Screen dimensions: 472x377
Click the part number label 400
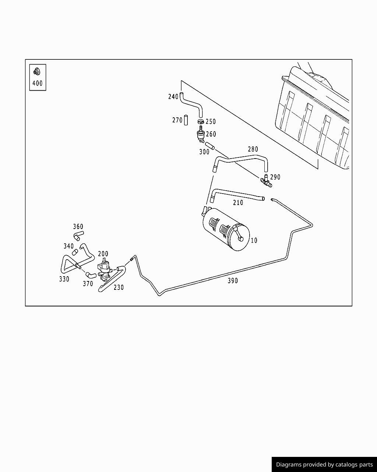coord(38,83)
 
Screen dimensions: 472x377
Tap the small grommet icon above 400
coord(37,71)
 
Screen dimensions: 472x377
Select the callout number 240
coord(173,97)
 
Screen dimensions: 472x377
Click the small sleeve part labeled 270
coord(186,120)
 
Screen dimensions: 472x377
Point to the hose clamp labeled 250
coord(201,121)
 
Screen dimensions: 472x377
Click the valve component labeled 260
coord(201,134)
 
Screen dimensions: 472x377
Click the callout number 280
coord(253,149)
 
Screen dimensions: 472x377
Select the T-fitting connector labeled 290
coord(266,181)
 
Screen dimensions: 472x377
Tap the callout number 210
coord(238,202)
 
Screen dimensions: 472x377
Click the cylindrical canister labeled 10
coord(225,229)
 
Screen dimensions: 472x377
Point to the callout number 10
coord(254,240)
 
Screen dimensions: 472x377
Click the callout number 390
coord(233,281)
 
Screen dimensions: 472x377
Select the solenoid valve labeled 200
coord(105,268)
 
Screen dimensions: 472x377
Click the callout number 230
coord(119,287)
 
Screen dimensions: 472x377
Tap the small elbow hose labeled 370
coord(91,275)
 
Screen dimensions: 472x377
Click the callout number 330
coord(64,279)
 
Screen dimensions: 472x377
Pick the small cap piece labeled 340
coord(75,252)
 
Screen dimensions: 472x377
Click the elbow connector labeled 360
coord(78,235)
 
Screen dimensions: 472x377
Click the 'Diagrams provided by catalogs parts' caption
coord(324,465)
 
